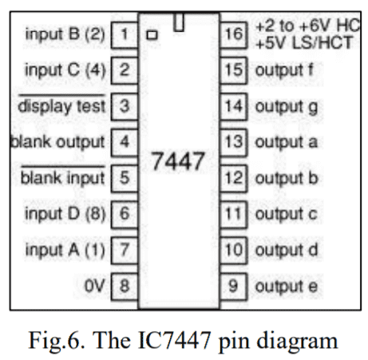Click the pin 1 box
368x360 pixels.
[x=124, y=34]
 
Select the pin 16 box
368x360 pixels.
[x=232, y=34]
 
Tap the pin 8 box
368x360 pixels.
[x=124, y=285]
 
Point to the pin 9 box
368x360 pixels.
[x=232, y=285]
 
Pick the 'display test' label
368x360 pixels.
[x=62, y=106]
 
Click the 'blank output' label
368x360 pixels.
[x=57, y=142]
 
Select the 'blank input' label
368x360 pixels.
[x=62, y=177]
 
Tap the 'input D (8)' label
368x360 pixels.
[x=65, y=213]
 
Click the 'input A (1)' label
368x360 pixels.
[x=65, y=249]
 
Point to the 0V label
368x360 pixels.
[x=94, y=285]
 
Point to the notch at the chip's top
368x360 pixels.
[x=179, y=23]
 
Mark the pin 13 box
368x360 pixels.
[x=232, y=142]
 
